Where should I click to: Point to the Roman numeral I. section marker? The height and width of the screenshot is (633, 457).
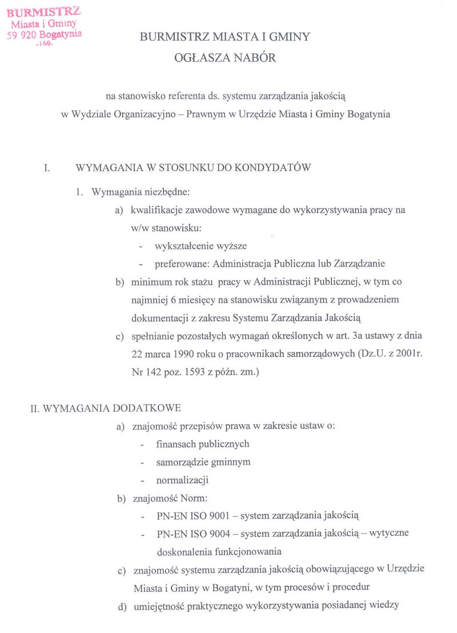coord(47,168)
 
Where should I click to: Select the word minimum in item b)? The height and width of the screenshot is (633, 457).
coord(149,281)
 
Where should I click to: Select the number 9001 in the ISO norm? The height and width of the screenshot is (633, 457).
coord(220,516)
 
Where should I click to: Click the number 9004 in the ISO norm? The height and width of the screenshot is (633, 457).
coord(220,534)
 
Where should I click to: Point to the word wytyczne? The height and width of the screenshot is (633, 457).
coord(390,534)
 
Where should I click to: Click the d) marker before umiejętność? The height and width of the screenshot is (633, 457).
coord(121,606)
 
